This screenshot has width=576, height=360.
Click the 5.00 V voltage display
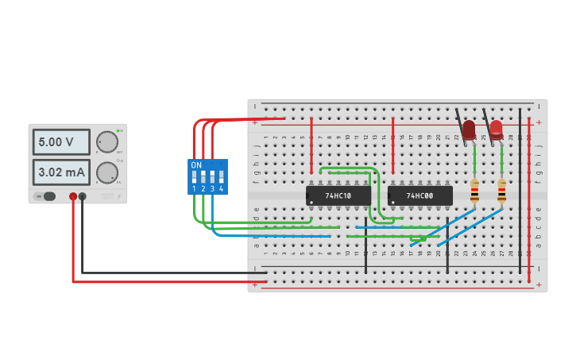(x=60, y=142)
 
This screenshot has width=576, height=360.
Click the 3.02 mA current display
(x=60, y=172)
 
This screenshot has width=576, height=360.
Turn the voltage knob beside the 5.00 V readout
(x=106, y=142)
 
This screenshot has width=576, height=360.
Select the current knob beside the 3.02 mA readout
(x=106, y=172)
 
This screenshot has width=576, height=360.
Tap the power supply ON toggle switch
(x=48, y=196)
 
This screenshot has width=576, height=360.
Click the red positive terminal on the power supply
(x=73, y=196)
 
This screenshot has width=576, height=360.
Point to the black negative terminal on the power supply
(x=83, y=196)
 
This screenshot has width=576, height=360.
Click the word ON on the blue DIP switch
(x=196, y=165)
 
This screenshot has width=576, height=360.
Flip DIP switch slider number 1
(x=194, y=177)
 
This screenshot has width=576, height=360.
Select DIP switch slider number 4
(x=221, y=177)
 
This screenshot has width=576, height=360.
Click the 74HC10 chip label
(x=338, y=195)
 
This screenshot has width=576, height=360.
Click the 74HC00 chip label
(x=419, y=195)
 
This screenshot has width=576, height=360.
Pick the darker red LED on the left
(x=469, y=129)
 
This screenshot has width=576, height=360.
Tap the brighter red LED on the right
(x=496, y=129)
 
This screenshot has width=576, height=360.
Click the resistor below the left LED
(x=474, y=192)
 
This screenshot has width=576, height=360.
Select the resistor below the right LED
(x=501, y=192)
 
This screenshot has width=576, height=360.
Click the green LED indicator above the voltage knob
(x=118, y=130)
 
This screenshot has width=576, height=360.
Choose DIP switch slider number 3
(x=212, y=177)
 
